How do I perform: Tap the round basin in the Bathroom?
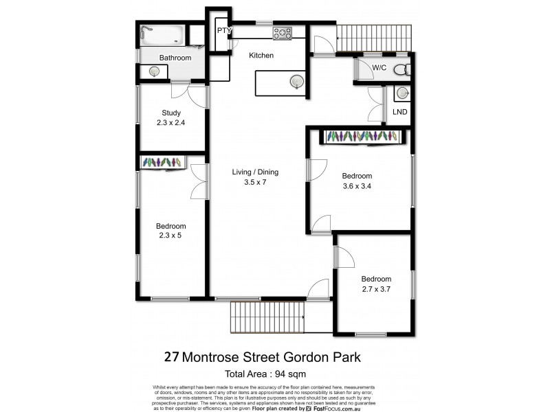pyautogui.click(x=153, y=71)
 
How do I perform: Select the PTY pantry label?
pyautogui.click(x=223, y=31)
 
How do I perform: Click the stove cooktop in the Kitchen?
pyautogui.click(x=282, y=32)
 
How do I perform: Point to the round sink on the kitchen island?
pyautogui.click(x=296, y=82)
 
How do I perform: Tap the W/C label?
pyautogui.click(x=379, y=68)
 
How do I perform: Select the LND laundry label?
pyautogui.click(x=399, y=111)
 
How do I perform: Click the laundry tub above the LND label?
pyautogui.click(x=401, y=93)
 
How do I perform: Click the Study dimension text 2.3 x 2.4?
pyautogui.click(x=170, y=124)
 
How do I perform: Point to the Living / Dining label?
pyautogui.click(x=255, y=172)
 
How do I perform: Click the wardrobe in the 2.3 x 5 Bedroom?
pyautogui.click(x=162, y=163)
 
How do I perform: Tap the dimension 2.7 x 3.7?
pyautogui.click(x=376, y=290)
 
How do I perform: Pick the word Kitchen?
pyautogui.click(x=261, y=56)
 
